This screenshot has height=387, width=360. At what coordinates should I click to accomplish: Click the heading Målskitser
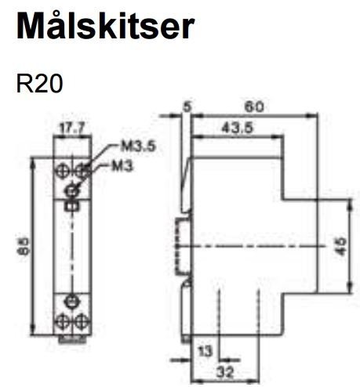105,26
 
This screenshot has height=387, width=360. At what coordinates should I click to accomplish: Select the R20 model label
39,84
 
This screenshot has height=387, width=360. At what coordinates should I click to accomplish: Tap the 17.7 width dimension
72,128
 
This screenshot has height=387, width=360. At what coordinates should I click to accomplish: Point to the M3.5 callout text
138,146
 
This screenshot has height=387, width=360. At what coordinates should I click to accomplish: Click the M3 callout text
122,166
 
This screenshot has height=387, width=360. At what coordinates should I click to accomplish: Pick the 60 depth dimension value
254,107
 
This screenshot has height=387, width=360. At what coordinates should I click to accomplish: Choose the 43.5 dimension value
238,128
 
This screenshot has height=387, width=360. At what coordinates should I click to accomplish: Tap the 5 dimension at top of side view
187,107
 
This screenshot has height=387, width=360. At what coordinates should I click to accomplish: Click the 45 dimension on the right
342,246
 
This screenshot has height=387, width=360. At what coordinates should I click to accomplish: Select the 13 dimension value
205,352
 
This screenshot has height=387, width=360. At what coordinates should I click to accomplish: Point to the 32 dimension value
225,372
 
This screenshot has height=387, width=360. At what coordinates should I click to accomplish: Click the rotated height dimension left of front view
24,246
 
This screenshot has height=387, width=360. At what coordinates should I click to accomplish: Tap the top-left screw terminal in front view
62,172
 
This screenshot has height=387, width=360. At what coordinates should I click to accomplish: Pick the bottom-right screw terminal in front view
82,321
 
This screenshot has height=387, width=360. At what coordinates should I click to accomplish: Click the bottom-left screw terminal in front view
63,321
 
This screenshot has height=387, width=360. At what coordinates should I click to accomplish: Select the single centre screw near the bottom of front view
71,302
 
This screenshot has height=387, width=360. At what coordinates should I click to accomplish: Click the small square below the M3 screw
71,207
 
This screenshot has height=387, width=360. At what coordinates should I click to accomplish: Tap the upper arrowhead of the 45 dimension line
351,204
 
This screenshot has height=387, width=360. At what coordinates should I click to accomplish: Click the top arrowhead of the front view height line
32,164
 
